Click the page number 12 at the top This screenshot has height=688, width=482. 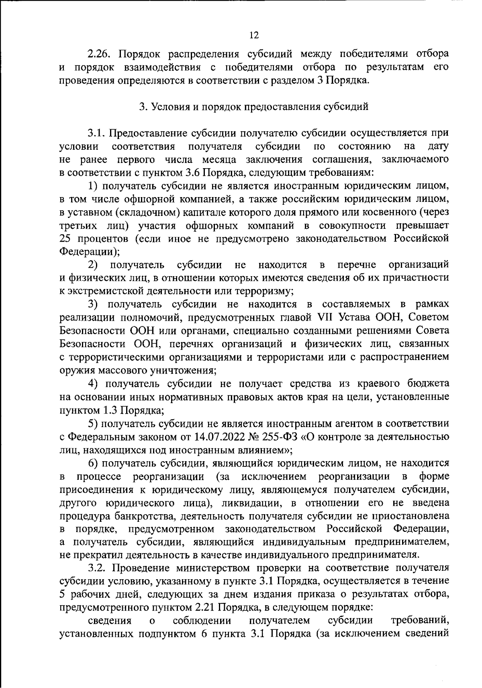[x=254, y=35]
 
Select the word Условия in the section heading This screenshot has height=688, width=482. [x=169, y=107]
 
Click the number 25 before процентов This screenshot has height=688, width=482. [x=66, y=238]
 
